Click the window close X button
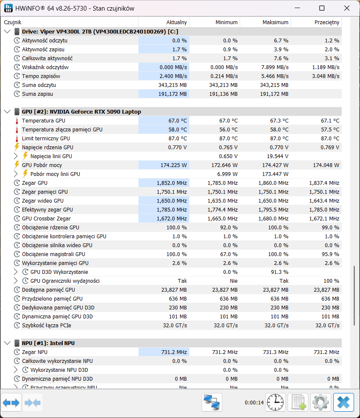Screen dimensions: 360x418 347,8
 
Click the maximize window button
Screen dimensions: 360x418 322,8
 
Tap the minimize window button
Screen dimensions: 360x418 297,8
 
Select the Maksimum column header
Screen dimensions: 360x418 275,22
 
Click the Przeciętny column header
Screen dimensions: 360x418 327,22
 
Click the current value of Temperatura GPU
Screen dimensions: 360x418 177,121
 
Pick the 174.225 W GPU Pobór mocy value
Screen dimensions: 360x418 174,165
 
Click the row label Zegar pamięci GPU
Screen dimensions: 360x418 45,192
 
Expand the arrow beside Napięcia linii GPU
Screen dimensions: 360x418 16,156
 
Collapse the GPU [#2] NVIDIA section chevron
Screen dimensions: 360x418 8,111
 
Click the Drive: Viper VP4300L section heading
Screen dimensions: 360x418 100,32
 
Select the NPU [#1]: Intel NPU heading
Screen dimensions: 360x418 48,343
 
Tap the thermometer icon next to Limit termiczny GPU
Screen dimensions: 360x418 17,139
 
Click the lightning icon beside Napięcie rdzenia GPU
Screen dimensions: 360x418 17,147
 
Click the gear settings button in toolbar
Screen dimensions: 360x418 321,402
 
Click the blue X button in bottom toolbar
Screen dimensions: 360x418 343,402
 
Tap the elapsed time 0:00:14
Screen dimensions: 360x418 254,403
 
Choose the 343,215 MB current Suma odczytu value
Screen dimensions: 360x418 172,85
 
